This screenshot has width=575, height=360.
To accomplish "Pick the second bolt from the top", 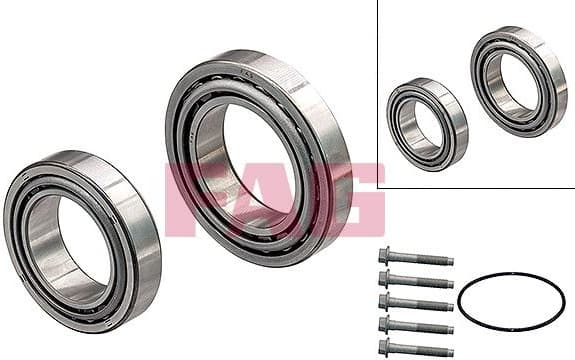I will tap(415, 280).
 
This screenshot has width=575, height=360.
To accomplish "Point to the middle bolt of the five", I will tap(415, 302).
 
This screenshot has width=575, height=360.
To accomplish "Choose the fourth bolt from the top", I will tap(415, 325).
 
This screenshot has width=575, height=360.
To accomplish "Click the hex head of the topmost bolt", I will tap(385, 255).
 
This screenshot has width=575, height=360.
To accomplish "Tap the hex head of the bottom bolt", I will tap(385, 346).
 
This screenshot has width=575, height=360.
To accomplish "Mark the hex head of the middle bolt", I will tap(385, 300).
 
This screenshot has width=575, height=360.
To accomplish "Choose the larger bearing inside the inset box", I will tap(518, 80).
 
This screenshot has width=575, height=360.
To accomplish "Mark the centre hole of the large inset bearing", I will tap(514, 82).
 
